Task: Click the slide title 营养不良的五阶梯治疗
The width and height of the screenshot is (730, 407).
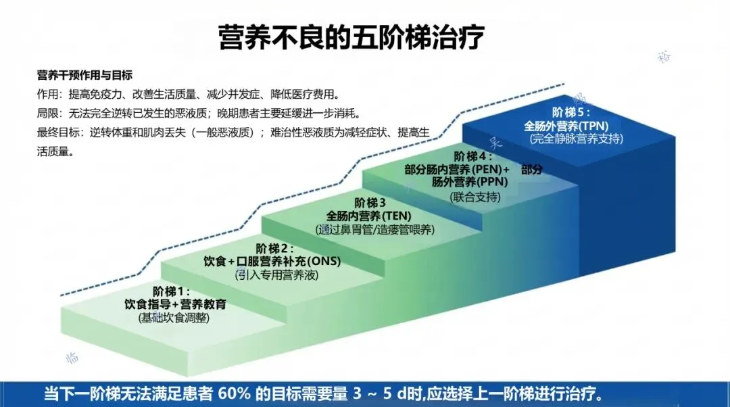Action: coord(351,37)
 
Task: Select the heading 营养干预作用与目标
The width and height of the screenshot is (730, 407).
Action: coord(84,74)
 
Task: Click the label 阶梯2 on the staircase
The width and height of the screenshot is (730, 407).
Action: coord(276,248)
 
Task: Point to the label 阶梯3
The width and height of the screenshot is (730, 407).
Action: coord(370,202)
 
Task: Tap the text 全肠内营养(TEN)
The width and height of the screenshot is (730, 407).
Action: coord(373,216)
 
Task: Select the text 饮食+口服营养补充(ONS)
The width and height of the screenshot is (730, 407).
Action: coord(272,262)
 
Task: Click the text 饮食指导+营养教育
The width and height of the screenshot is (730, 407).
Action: coord(175,304)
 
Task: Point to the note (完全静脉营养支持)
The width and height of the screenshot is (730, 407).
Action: coord(576,139)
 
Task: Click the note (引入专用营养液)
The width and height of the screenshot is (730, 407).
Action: coord(276,275)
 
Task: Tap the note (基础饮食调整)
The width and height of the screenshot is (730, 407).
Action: coord(174,317)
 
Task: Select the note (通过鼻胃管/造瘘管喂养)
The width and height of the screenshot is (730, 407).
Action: coord(374,229)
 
